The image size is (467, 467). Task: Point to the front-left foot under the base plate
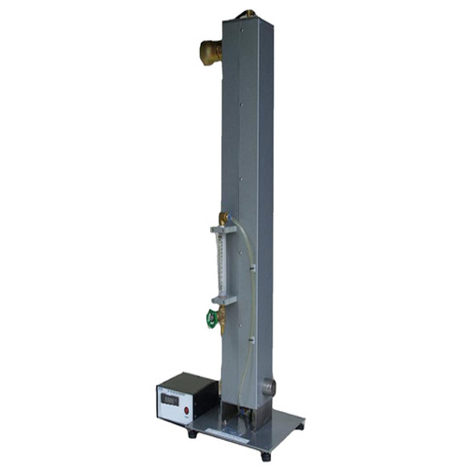192,432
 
